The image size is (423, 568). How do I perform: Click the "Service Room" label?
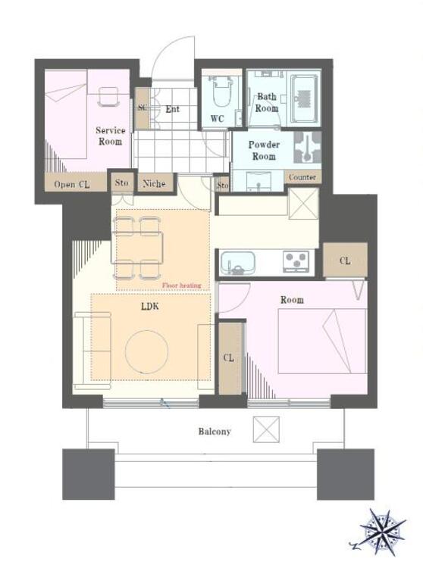111,136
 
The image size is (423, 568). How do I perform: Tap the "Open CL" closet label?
72,184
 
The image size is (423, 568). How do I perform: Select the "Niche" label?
154,184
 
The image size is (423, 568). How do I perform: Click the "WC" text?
217,118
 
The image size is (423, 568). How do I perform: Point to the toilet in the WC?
221,92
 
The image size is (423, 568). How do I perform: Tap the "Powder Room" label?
264,151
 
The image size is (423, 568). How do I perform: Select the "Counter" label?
302,177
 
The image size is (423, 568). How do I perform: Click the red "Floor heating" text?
181,286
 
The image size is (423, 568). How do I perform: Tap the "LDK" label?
150,307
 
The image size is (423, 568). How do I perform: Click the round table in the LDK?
146,351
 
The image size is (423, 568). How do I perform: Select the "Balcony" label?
215,432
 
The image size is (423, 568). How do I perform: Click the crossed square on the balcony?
266,429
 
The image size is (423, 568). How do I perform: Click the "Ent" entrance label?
172,108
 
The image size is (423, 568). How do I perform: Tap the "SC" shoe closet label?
143,108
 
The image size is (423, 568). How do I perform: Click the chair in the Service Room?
108,96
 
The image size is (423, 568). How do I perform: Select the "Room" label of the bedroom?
292,300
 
